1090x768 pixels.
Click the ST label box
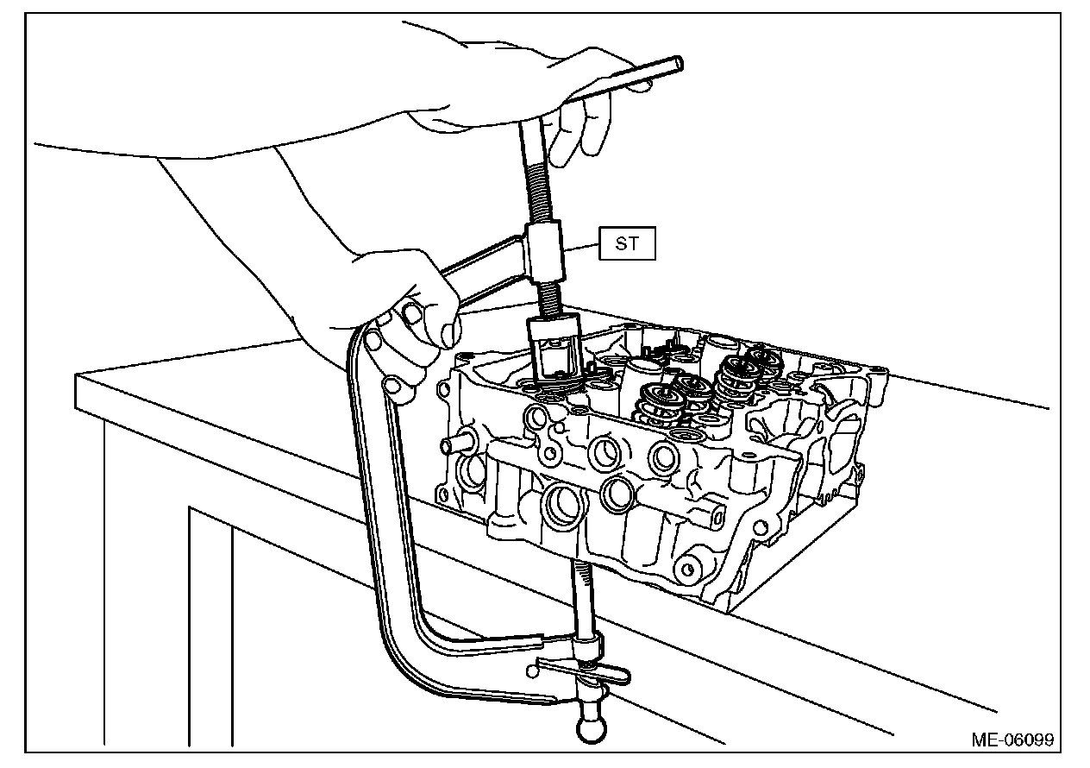(628, 244)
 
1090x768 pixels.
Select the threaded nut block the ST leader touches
(544, 253)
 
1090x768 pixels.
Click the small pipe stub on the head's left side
(454, 445)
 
